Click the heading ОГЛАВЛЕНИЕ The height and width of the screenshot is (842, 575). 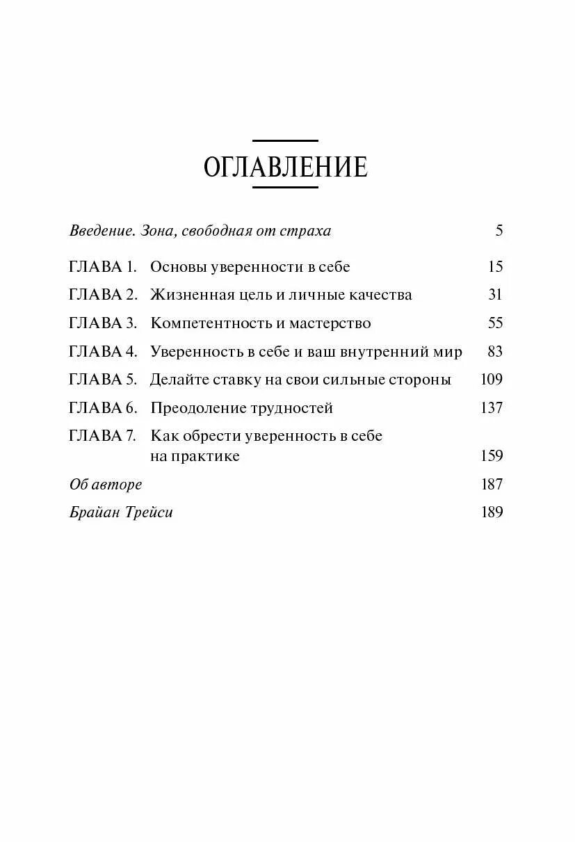285,168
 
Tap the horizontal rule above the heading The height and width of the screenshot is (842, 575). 285,140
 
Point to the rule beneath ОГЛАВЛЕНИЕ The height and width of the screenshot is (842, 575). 285,188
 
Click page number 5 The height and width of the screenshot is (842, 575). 499,230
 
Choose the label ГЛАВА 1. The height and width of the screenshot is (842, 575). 104,266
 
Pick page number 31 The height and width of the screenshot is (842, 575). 495,295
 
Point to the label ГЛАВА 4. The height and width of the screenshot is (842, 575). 104,352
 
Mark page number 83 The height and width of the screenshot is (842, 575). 495,352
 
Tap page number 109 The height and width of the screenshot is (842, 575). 492,380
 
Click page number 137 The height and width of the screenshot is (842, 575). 492,408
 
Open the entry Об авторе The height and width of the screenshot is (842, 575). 106,484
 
